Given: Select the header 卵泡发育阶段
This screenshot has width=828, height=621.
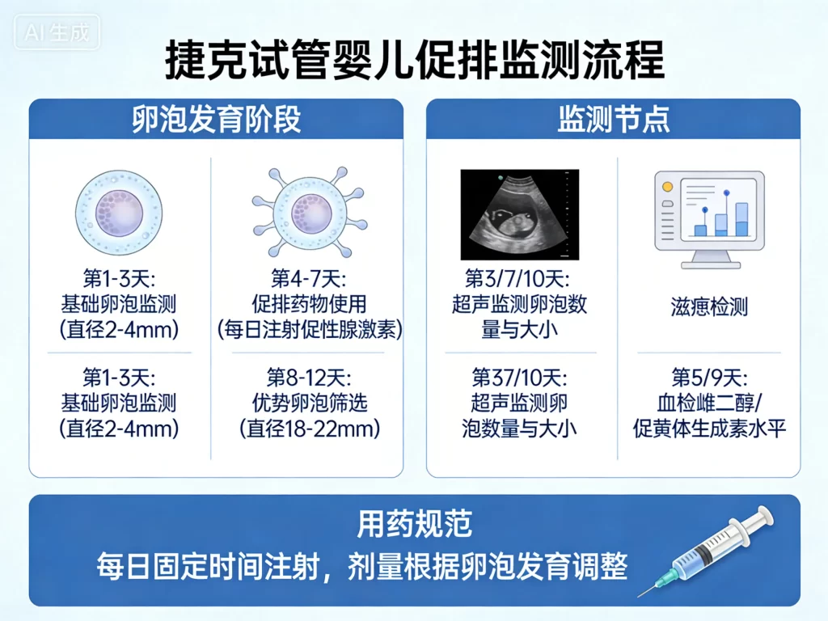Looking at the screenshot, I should pos(216,119).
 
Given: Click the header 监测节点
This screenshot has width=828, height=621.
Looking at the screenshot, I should pos(613,119).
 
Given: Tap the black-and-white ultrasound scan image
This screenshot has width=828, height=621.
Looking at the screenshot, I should pos(519,214).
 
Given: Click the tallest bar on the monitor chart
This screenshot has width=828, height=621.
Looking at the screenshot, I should pos(741,219).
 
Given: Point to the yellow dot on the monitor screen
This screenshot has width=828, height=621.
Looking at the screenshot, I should pos(667,187).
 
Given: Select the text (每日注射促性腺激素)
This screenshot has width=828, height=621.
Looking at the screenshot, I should pos(309,330).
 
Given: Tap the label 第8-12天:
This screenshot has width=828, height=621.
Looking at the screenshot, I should pos(309,378).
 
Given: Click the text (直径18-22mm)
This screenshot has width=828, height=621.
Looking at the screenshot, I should pos(309,428).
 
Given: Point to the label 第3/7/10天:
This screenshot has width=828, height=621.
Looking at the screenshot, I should pos(519,280).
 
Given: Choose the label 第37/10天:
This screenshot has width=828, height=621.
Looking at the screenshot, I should pos(519,378).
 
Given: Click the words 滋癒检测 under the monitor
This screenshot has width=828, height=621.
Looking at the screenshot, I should pos(708,306).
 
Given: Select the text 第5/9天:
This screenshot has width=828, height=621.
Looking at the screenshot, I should pos(708,378).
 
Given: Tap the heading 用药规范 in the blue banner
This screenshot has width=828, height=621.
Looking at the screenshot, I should pos(414,525).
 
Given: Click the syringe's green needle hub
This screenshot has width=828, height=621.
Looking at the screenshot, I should pos(665,579).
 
